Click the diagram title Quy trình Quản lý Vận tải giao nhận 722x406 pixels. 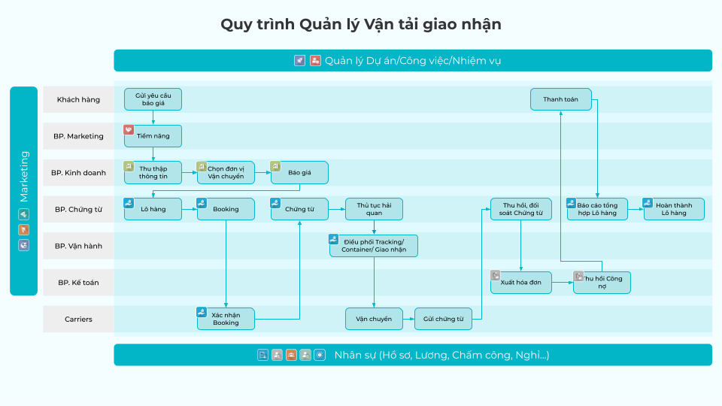(361, 24)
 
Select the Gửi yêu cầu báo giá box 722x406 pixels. (153, 99)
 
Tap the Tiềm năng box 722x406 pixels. (153, 136)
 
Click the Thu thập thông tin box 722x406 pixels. (153, 173)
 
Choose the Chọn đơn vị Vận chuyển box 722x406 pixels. (226, 173)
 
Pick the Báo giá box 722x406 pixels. (299, 173)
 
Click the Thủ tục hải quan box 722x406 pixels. (374, 209)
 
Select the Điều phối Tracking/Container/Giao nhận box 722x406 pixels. (374, 246)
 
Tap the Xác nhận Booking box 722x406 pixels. (226, 319)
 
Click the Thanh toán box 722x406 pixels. (561, 99)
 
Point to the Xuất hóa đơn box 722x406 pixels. (520, 283)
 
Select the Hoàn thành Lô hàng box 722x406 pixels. (674, 209)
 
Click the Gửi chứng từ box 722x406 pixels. (444, 319)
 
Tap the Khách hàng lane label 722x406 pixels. (78, 99)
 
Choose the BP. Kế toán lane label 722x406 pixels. (78, 283)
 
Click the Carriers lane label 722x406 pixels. (78, 319)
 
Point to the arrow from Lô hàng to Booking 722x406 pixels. (190, 209)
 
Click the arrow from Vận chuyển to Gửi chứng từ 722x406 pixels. (408, 319)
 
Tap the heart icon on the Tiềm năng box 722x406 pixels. (129, 129)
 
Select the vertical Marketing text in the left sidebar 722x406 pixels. (23, 177)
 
